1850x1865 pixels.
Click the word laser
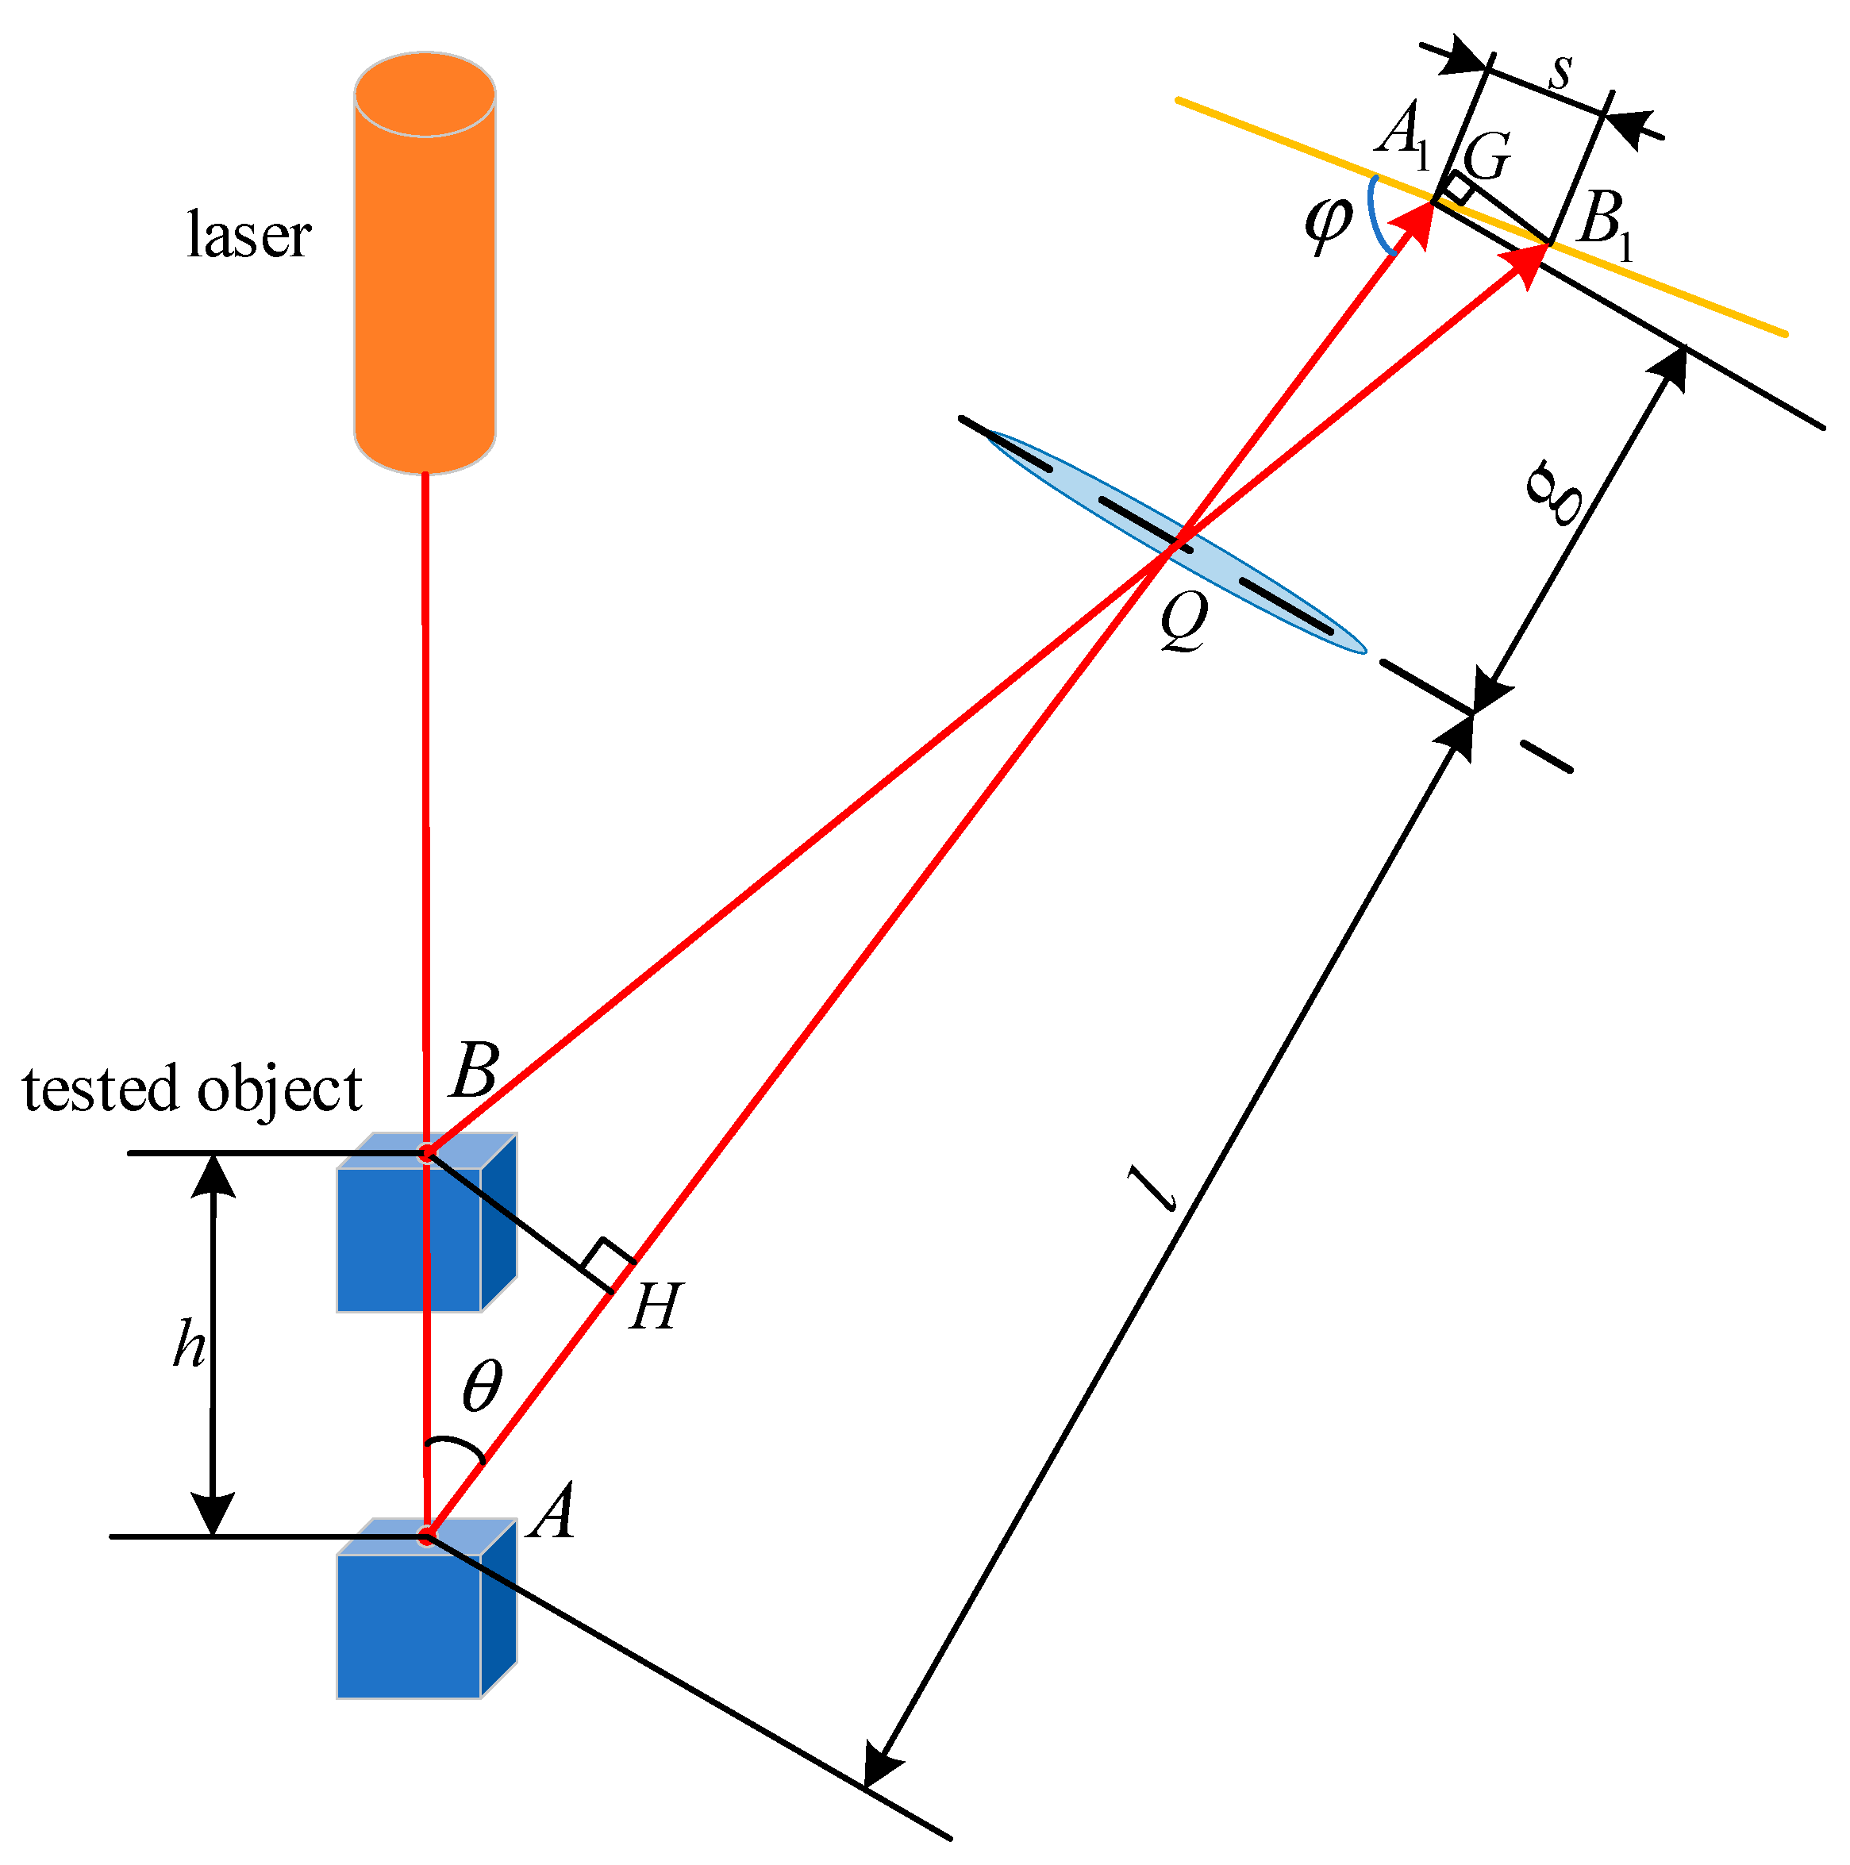pos(248,235)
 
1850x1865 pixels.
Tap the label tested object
pos(191,1089)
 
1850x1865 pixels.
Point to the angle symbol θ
pos(482,1386)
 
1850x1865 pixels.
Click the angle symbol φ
pos(1328,223)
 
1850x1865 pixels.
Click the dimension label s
pos(1560,71)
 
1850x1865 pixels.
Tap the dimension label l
pos(1154,1187)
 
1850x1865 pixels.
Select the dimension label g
pos(1556,492)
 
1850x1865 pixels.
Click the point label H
pos(656,1307)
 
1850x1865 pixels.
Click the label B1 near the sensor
pos(1604,223)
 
